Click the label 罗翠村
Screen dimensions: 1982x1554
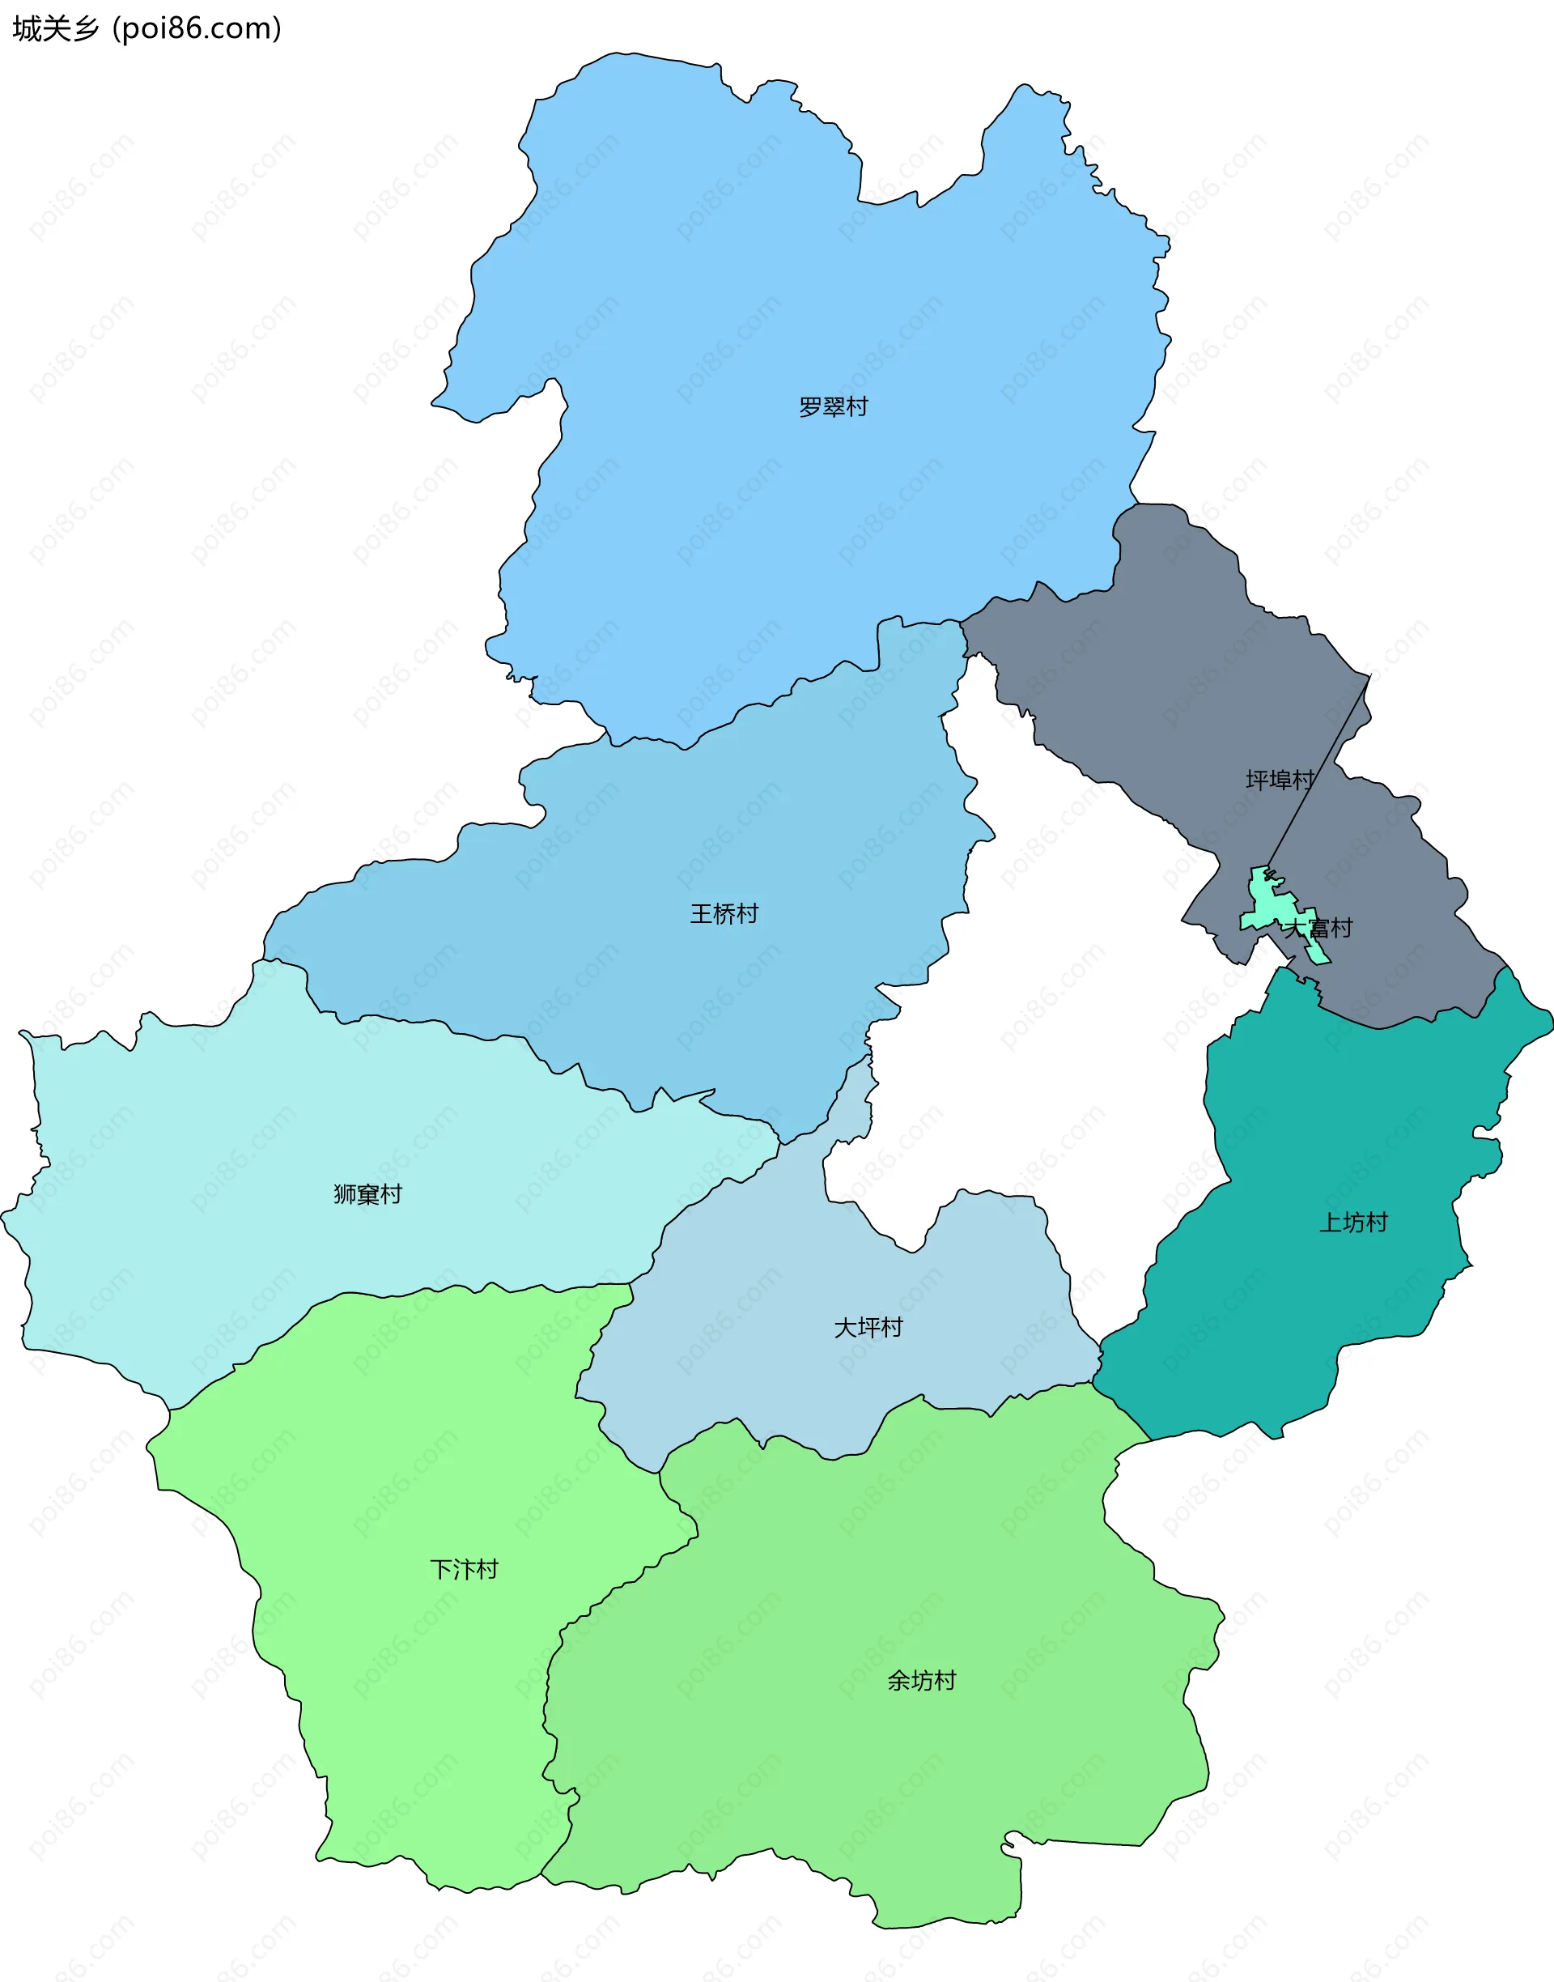pos(833,406)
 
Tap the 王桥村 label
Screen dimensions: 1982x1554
pos(724,912)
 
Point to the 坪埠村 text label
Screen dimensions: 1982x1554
pos(1280,780)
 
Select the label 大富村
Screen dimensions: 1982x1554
pos(1318,928)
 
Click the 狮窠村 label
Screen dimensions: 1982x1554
pos(367,1194)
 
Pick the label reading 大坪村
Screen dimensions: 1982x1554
pos(868,1328)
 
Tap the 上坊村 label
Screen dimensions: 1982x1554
pos(1353,1222)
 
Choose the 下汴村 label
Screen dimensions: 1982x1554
pos(464,1570)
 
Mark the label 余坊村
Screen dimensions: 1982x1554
pos(922,1680)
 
